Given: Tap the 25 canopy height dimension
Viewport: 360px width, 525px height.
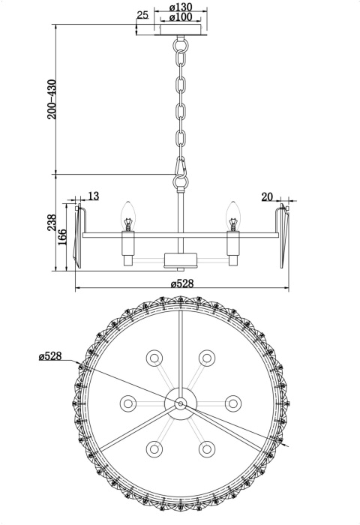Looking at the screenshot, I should coord(142,15).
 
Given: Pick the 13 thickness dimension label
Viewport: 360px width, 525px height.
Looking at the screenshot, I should coord(93,196).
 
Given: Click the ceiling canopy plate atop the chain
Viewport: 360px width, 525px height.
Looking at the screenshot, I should coord(181,32).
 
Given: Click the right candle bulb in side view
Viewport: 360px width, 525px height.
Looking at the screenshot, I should coord(233,216).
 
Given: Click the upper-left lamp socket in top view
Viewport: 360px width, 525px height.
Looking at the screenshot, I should coord(154,357).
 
